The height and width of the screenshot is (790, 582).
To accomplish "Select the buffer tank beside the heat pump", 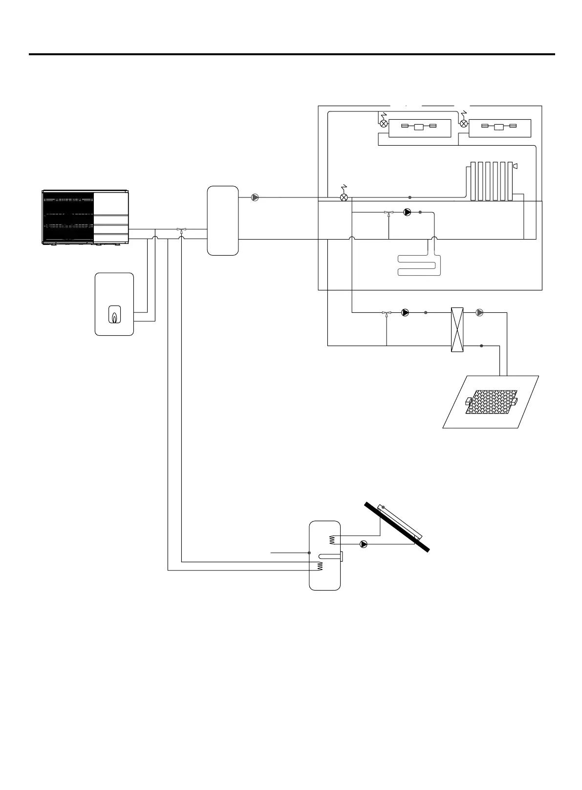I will point(223,220).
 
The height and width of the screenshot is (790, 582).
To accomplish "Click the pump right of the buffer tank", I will point(255,197).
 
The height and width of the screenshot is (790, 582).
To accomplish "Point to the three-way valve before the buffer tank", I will point(182,229).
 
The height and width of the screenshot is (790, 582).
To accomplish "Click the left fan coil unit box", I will point(420,128).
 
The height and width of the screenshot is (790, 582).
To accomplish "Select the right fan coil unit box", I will point(500,128).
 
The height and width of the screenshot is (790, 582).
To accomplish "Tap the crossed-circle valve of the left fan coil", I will point(384,124).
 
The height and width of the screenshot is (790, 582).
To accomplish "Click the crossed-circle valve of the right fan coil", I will point(464,124).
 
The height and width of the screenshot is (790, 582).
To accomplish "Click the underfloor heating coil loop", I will point(419,265).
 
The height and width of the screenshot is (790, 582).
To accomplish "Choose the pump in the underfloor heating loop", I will point(408,213).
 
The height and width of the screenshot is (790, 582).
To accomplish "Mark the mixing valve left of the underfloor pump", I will point(388,213).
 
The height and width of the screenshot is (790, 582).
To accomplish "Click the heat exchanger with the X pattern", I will point(456,329).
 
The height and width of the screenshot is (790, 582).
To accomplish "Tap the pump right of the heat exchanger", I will point(479,312).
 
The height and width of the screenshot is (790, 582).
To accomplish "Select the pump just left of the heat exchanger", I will point(405,312).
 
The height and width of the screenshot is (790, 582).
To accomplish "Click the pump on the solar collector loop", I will point(364,544).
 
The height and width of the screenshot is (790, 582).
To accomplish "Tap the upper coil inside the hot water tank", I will point(332,539).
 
